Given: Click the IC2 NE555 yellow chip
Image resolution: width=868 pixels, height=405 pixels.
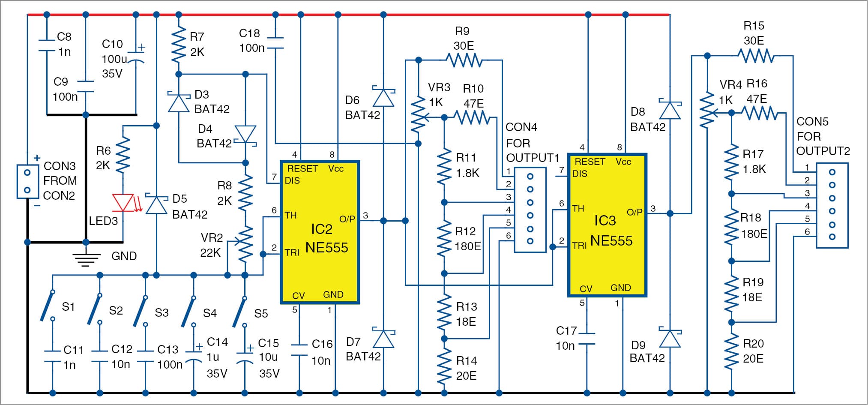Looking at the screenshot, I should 320,232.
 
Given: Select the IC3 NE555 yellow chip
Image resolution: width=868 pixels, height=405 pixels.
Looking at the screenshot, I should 607,225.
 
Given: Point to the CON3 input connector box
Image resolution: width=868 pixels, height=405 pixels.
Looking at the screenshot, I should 27,181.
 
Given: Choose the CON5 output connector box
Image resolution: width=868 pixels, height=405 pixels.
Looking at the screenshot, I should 832,205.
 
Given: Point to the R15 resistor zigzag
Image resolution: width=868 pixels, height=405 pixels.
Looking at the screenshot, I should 756,56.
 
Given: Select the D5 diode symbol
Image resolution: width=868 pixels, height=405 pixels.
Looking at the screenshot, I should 156,204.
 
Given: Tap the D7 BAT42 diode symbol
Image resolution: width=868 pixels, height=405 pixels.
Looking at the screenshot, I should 383,339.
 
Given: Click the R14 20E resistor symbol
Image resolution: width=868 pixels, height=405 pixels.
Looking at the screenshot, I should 444,368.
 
